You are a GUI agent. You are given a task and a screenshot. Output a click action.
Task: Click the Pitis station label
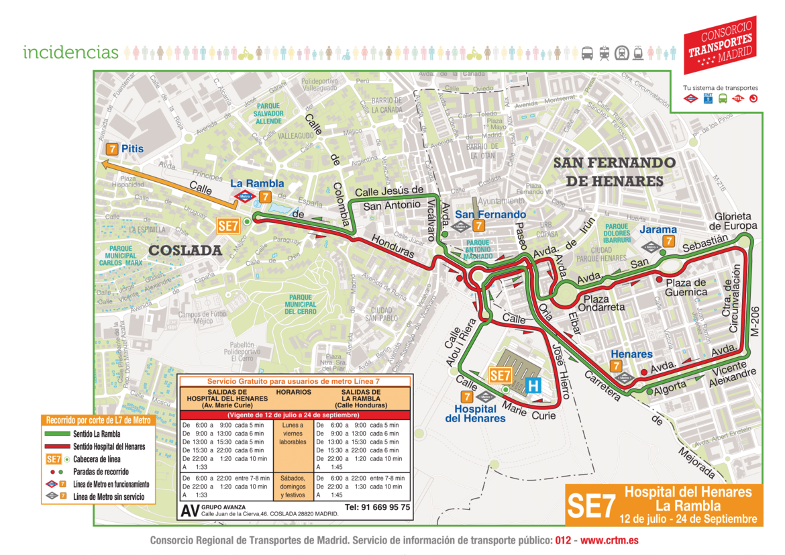[132, 148]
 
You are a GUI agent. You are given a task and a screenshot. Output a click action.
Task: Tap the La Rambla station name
[257, 183]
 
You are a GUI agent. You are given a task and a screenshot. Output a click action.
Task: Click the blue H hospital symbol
[534, 385]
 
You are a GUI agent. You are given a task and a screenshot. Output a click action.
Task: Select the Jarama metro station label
[658, 230]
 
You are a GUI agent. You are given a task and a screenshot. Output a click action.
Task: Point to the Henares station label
[631, 354]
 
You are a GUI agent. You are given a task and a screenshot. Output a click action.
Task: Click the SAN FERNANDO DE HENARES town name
[615, 172]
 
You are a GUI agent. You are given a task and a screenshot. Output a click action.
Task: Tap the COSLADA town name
[185, 250]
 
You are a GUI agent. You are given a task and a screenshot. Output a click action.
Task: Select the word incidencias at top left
[70, 52]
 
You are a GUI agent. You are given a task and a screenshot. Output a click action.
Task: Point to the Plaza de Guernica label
[686, 287]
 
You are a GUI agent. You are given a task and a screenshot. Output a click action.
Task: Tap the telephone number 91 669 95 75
[377, 507]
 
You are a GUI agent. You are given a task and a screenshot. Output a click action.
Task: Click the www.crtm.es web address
[609, 540]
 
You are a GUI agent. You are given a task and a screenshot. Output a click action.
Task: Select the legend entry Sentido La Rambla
[97, 434]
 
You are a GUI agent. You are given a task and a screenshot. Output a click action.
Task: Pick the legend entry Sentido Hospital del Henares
[109, 446]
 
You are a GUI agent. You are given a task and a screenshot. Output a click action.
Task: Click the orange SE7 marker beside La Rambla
[228, 226]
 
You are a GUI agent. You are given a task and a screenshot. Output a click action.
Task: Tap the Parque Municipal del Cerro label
[300, 304]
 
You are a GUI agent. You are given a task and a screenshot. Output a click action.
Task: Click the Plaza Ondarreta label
[604, 303]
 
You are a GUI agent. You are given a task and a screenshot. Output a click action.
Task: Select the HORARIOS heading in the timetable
[293, 391]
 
